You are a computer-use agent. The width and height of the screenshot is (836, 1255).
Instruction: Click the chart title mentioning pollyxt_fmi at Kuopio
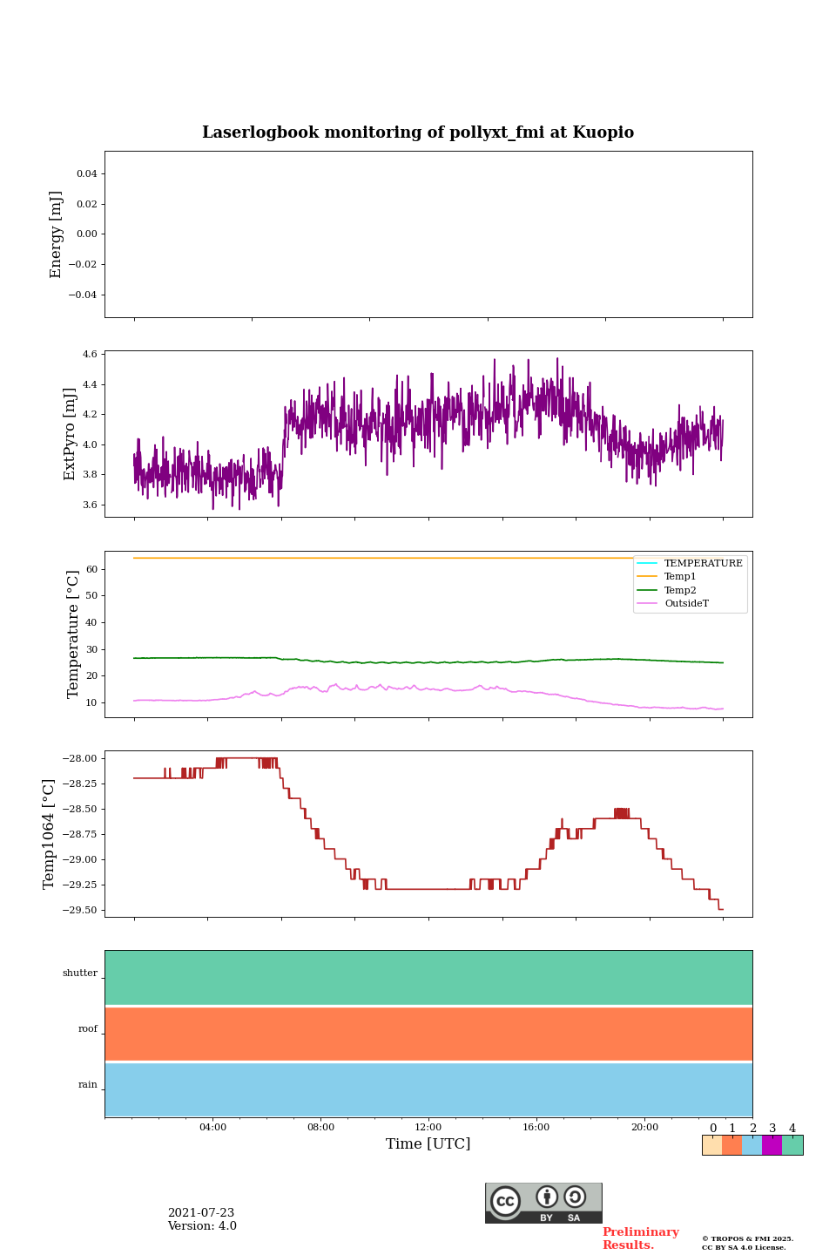pyautogui.click(x=418, y=132)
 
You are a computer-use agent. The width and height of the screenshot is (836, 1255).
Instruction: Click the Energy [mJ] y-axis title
pyautogui.click(x=57, y=234)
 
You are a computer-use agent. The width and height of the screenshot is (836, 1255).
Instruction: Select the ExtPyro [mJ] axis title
pyautogui.click(x=71, y=434)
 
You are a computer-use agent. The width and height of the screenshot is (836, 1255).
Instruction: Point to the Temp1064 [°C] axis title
pyautogui.click(x=49, y=834)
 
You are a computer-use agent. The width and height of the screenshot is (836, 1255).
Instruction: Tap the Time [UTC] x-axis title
pyautogui.click(x=428, y=1144)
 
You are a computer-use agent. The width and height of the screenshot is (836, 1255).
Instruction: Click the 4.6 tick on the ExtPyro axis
pyautogui.click(x=90, y=355)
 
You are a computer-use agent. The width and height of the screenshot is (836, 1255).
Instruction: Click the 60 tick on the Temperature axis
pyautogui.click(x=91, y=569)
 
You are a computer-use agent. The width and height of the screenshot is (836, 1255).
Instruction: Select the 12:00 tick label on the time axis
pyautogui.click(x=428, y=1128)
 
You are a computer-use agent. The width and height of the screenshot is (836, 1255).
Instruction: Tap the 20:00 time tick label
pyautogui.click(x=644, y=1128)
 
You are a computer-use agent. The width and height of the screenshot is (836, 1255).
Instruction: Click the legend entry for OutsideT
pyautogui.click(x=686, y=604)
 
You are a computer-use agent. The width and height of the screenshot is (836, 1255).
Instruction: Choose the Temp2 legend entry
pyautogui.click(x=680, y=590)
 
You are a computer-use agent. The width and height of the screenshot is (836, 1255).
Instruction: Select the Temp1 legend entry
pyautogui.click(x=680, y=577)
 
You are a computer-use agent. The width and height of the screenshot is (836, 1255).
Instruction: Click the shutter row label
pyautogui.click(x=80, y=973)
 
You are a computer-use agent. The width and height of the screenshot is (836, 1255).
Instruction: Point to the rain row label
pyautogui.click(x=88, y=1085)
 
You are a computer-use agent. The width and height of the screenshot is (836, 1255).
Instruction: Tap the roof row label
pyautogui.click(x=88, y=1029)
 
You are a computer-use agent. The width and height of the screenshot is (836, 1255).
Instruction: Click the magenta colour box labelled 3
pyautogui.click(x=772, y=1145)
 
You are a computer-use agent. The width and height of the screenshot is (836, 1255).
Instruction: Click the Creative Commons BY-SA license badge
pyautogui.click(x=543, y=1203)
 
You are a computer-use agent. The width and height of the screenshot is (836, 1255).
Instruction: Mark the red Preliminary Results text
pyautogui.click(x=640, y=1238)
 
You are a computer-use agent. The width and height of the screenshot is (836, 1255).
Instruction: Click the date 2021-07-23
pyautogui.click(x=201, y=1213)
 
